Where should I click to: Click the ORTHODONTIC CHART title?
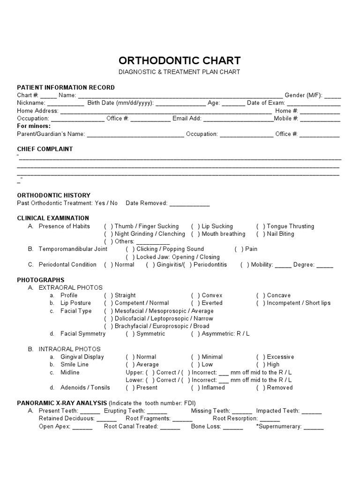point(180,60)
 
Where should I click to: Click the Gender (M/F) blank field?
point(333,96)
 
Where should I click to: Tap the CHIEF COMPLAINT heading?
point(45,149)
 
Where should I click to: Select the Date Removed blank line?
point(189,204)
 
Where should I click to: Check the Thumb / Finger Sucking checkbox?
point(108,226)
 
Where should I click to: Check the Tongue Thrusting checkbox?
point(261,226)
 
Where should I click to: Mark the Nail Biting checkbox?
point(261,234)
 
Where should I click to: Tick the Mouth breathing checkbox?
point(195,234)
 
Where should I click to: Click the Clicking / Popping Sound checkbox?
point(130,249)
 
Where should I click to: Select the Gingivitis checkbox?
point(150,264)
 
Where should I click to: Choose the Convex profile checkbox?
point(195,295)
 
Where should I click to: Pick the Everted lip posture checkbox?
point(195,303)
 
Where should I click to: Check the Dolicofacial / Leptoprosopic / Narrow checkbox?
point(108,318)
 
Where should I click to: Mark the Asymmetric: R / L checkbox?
point(195,334)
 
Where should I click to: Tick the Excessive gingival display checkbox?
point(261,357)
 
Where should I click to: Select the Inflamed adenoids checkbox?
point(195,388)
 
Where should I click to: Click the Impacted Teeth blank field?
point(312,412)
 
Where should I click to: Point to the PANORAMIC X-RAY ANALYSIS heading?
point(62,403)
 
